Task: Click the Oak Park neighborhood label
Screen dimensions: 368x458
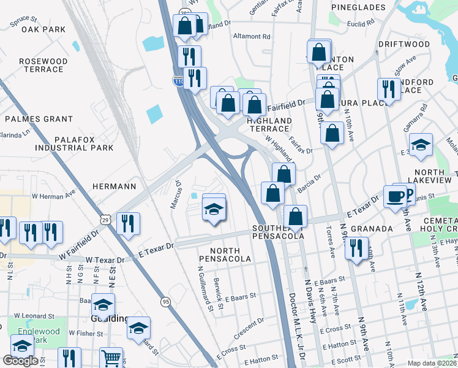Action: tap(43, 29)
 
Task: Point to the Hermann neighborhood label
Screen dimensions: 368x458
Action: tap(113, 185)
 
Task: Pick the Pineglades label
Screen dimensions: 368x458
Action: tap(358, 7)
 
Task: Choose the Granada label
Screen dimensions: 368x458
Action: tap(372, 229)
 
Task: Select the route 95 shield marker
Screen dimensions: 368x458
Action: tap(165, 302)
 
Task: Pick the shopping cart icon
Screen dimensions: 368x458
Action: tap(111, 358)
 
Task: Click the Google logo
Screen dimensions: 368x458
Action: tap(21, 361)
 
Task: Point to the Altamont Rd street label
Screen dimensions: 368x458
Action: tap(252, 36)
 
